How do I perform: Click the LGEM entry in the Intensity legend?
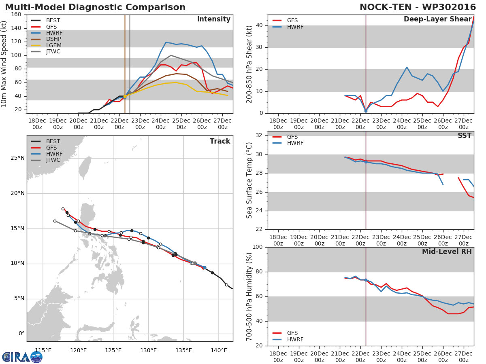(x=53, y=46)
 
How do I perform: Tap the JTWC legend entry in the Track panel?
(x=53, y=160)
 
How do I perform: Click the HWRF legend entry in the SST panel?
(x=295, y=143)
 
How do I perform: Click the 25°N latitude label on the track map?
(x=17, y=158)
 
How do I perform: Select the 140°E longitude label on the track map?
(x=219, y=350)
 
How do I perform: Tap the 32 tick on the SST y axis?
(x=259, y=135)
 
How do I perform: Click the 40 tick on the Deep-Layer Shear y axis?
(x=259, y=25)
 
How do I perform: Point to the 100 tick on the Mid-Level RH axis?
(x=258, y=247)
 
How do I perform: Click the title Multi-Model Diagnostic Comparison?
(x=95, y=7)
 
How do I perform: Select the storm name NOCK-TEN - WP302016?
(x=418, y=7)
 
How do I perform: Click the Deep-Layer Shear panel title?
(x=437, y=19)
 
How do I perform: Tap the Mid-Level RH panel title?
(x=447, y=252)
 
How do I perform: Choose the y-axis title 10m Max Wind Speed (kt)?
(x=4, y=64)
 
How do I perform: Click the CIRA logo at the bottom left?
(x=22, y=357)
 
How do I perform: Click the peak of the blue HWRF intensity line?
(x=166, y=42)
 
